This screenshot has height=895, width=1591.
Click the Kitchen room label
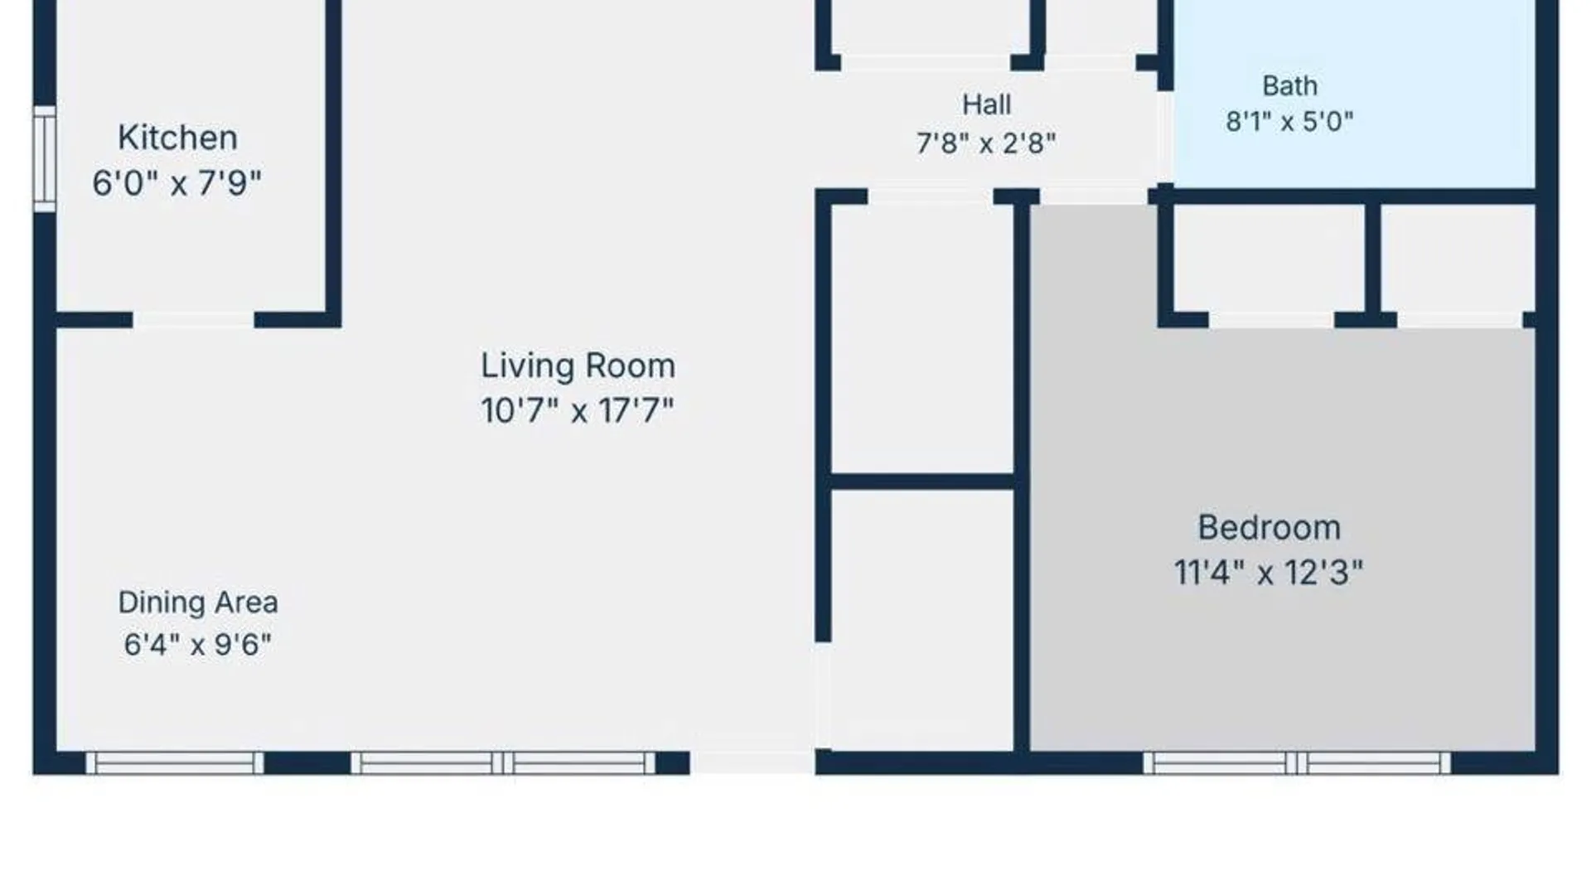[x=177, y=138]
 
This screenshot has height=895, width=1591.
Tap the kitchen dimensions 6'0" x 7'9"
[x=177, y=183]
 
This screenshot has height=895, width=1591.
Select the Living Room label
[x=578, y=365]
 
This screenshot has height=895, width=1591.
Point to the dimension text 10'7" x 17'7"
[x=578, y=410]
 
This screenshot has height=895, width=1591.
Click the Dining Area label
[x=198, y=602]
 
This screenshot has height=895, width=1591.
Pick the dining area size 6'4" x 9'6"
[x=198, y=644]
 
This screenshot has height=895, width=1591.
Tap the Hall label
[x=986, y=104]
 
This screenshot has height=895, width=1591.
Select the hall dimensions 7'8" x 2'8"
[x=986, y=143]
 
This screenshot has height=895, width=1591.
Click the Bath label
[x=1289, y=85]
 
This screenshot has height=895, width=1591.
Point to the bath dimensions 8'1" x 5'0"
[x=1289, y=122]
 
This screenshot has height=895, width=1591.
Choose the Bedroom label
[x=1269, y=528]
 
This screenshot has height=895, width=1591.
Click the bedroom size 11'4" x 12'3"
[x=1269, y=573]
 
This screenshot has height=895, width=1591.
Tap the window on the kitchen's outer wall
[x=45, y=158]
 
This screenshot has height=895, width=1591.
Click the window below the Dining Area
[x=175, y=763]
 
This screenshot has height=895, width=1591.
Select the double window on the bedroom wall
[x=1297, y=763]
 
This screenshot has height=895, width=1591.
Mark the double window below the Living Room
[x=503, y=763]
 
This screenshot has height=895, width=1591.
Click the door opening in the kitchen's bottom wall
[x=193, y=320]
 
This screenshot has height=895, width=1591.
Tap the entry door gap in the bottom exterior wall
[x=752, y=763]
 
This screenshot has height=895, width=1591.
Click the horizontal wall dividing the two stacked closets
[x=922, y=481]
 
